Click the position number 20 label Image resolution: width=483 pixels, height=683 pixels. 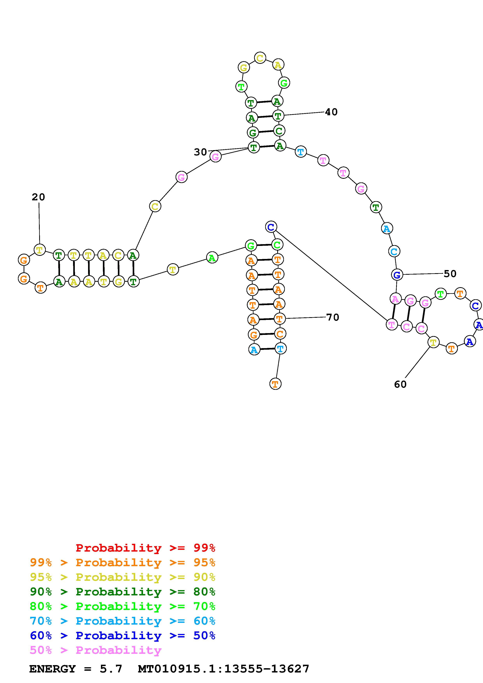pos(38,197)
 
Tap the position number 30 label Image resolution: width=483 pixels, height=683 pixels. pos(200,152)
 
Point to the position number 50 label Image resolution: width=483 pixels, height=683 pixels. pos(450,274)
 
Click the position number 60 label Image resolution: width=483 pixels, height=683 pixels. pos(400,384)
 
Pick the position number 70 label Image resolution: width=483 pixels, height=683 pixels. pos(333,317)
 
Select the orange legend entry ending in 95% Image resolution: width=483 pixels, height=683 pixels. pos(123,562)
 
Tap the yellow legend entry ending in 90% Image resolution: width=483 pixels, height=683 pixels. pos(123,577)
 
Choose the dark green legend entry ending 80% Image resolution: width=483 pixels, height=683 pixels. pos(123,592)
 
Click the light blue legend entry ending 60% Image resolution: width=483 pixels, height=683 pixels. pos(123,621)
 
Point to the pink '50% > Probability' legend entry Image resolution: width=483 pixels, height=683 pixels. pos(95,650)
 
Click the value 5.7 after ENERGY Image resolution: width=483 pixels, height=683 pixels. pos(111,669)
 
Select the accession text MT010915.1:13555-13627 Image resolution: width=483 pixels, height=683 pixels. pos(223,669)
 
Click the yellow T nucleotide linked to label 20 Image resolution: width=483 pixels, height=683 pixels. pos(40,250)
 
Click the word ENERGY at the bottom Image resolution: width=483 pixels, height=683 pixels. pos(52,669)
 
